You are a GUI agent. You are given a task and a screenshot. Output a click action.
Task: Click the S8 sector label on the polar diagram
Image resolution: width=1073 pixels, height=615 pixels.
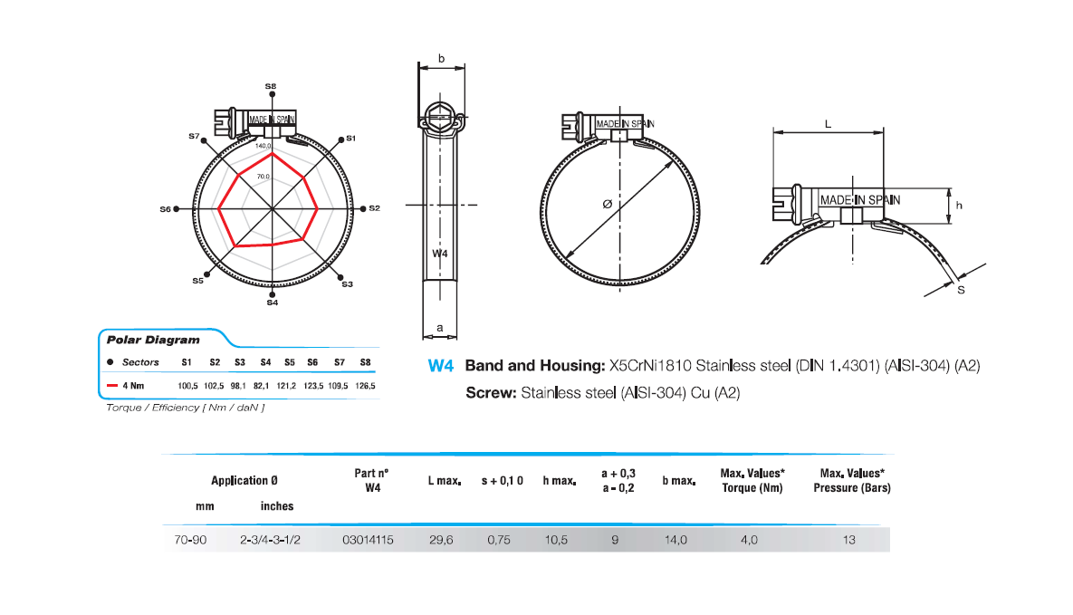(271, 86)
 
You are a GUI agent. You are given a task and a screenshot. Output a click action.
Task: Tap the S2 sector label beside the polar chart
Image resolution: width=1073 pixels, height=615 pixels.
(374, 208)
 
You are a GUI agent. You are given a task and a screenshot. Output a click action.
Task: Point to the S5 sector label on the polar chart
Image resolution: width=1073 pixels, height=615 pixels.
(197, 281)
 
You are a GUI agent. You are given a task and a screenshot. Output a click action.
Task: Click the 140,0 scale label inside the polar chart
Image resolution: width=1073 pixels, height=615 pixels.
(263, 146)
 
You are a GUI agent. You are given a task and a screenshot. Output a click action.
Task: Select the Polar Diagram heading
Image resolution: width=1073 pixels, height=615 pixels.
(140, 341)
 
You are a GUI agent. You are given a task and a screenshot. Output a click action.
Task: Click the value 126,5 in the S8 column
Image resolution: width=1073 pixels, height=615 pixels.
(366, 385)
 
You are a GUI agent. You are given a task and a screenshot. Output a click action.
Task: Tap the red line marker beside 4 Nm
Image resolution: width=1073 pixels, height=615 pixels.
(112, 385)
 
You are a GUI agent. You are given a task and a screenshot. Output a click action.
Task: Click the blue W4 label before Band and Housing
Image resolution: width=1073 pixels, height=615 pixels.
(440, 367)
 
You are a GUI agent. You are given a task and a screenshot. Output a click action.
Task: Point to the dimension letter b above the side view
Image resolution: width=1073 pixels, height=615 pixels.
(441, 59)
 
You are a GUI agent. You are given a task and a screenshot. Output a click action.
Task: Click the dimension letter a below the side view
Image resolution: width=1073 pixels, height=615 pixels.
(440, 327)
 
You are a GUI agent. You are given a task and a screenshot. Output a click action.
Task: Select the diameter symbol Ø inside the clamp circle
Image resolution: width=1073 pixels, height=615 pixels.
(607, 205)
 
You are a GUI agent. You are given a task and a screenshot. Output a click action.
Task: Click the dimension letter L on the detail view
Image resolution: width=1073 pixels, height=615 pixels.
(829, 125)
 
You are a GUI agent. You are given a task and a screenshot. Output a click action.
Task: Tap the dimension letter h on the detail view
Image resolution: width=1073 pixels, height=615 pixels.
(959, 206)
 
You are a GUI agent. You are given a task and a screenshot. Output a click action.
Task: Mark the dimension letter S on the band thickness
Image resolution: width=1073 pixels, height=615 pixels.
(961, 290)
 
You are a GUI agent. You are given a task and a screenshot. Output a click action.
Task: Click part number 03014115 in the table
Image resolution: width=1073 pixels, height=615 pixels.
(368, 540)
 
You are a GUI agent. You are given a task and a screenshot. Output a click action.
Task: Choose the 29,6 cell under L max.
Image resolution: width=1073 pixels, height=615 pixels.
(441, 540)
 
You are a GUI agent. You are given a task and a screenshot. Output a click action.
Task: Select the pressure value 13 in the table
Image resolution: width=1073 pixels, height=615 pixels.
(848, 540)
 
